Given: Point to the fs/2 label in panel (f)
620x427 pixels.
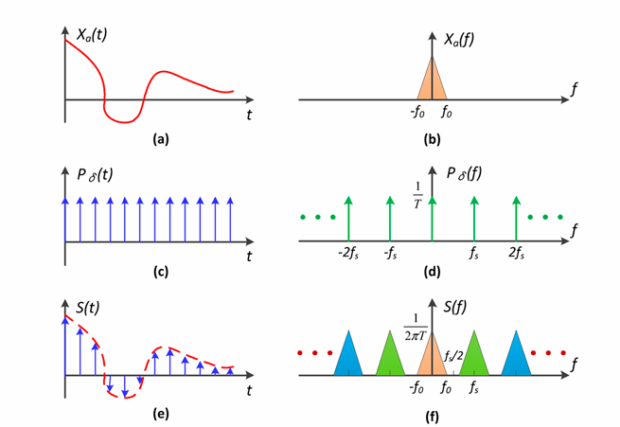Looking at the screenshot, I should (x=452, y=357).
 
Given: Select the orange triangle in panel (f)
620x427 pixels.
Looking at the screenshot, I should (x=432, y=358).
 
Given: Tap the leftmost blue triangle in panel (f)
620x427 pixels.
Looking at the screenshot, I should (x=349, y=358).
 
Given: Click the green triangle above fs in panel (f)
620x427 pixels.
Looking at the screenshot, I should (x=474, y=358).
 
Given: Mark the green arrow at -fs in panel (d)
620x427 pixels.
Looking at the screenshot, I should (x=390, y=219).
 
